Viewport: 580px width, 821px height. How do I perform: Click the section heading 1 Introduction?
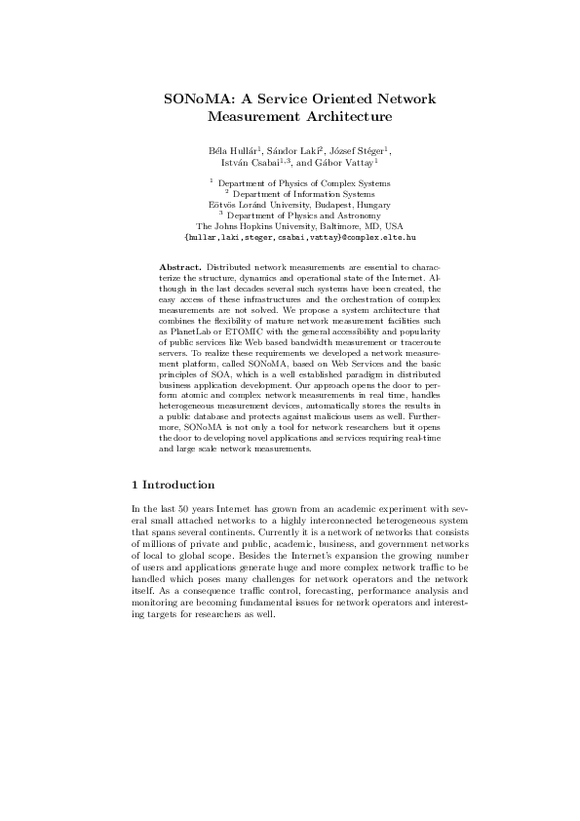[x=173, y=485]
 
